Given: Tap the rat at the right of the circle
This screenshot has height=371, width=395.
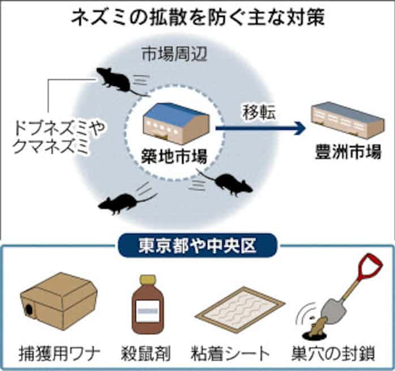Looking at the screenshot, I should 232,182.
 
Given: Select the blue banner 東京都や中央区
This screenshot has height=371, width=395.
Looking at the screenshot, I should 197,246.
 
